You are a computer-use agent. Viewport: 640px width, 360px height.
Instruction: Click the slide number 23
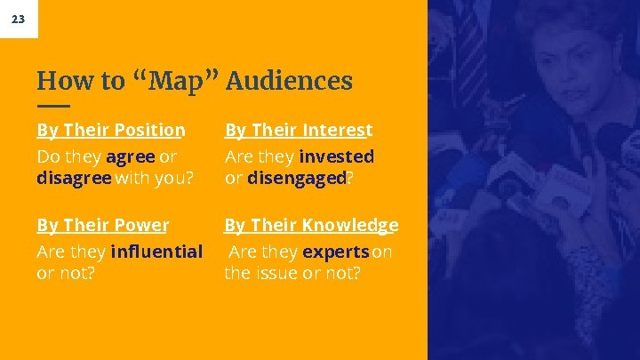[19, 19]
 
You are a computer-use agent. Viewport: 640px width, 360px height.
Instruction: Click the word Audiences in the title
[289, 82]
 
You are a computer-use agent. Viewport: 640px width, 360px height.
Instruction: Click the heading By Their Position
[110, 131]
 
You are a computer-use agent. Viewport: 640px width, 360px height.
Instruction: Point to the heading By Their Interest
[298, 131]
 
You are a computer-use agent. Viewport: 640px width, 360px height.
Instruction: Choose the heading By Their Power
[102, 226]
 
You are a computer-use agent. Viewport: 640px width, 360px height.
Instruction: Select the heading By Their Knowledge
[310, 226]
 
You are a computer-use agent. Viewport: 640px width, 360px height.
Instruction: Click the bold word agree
[131, 156]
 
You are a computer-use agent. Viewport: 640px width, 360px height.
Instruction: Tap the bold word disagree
[74, 177]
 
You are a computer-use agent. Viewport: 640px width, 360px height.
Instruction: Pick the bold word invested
[336, 156]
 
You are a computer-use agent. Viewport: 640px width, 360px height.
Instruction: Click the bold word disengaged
[296, 177]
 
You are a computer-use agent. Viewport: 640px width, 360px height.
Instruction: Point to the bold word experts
[336, 252]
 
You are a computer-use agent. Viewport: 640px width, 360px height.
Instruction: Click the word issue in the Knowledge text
[282, 272]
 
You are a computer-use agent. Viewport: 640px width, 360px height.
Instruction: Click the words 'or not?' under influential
[66, 272]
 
